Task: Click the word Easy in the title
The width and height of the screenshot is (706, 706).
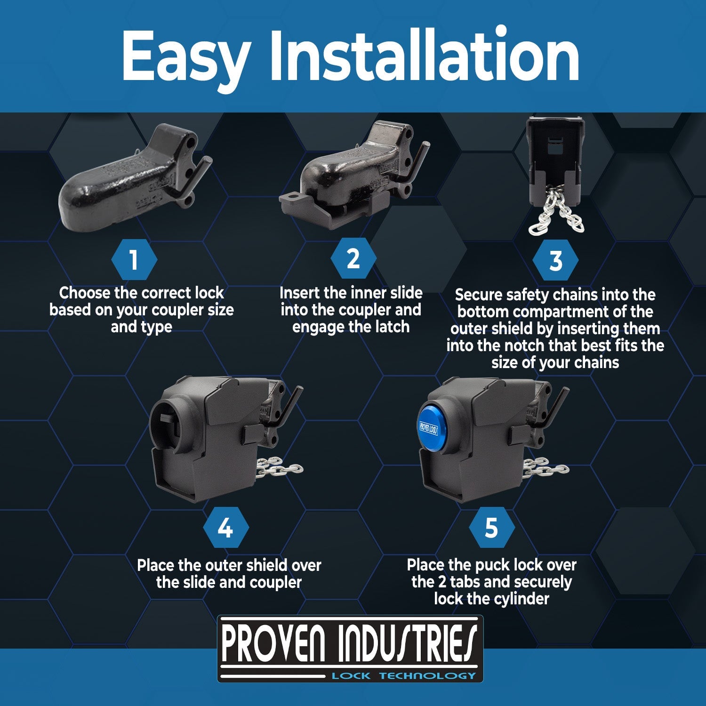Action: click(x=186, y=57)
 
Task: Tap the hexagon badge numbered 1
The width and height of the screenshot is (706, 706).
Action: click(x=134, y=259)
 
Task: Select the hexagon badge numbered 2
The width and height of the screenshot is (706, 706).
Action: click(x=353, y=258)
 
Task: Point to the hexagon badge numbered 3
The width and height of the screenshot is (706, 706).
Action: click(x=556, y=260)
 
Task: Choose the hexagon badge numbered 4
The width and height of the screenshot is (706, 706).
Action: click(x=225, y=528)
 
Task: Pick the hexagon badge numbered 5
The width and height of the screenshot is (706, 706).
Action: click(x=491, y=528)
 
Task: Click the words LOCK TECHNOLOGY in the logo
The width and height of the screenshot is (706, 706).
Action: click(x=404, y=676)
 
